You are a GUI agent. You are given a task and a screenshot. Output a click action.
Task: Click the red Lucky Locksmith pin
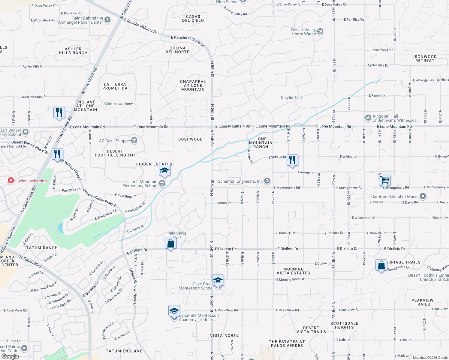click(11, 181)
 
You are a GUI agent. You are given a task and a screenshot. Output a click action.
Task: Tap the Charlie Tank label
click(292, 97)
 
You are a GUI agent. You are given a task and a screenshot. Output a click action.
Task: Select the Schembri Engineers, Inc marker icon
click(267, 181)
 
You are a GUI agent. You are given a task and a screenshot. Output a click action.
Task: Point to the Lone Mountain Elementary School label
click(140, 184)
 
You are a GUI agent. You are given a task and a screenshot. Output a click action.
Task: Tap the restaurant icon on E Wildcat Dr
click(292, 160)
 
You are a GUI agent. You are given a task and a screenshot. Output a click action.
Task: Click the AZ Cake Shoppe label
click(114, 141)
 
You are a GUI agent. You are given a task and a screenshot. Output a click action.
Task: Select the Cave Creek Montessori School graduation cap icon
click(218, 280)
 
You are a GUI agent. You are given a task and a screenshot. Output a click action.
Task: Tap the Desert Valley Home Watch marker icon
click(320, 31)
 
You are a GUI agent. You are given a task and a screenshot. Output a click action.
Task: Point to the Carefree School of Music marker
click(423, 196)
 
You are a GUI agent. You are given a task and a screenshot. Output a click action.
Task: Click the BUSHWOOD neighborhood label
click(190, 139)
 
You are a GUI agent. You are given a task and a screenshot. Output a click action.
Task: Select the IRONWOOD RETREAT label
click(425, 58)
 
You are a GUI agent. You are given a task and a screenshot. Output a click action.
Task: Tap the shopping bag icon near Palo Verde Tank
click(170, 243)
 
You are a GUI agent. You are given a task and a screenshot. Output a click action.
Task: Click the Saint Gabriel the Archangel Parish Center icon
click(107, 20)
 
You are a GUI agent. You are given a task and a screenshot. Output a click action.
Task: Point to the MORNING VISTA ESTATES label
click(293, 271)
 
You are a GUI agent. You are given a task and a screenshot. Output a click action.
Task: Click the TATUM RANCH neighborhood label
click(42, 248)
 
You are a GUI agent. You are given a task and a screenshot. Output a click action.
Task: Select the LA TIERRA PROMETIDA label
click(115, 86)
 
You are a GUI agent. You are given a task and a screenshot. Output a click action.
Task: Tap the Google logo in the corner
click(10, 356)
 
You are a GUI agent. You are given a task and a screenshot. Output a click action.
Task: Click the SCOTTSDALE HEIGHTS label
click(344, 325)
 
